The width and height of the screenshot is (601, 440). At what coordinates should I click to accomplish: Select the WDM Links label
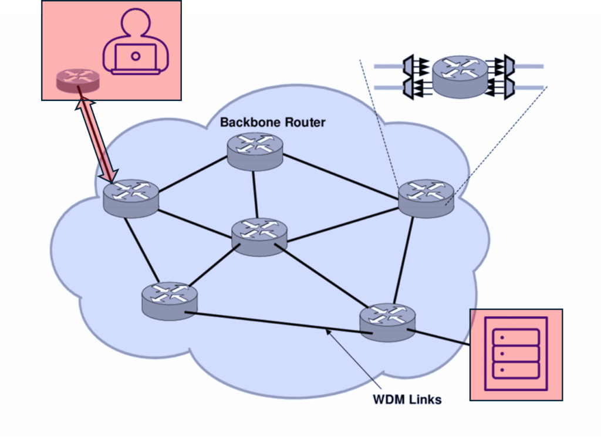pyautogui.click(x=407, y=400)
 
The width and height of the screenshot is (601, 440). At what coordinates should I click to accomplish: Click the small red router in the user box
pyautogui.click(x=78, y=80)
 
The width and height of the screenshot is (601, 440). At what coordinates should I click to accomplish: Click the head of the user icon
pyautogui.click(x=136, y=23)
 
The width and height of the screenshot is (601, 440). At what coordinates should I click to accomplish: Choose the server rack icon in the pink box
pyautogui.click(x=516, y=354)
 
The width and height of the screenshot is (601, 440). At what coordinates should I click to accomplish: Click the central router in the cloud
pyautogui.click(x=259, y=236)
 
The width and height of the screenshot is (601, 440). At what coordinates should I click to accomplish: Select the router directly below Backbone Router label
pyautogui.click(x=255, y=151)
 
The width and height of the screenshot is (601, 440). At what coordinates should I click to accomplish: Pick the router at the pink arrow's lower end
pyautogui.click(x=131, y=198)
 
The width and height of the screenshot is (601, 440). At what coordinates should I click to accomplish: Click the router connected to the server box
pyautogui.click(x=387, y=321)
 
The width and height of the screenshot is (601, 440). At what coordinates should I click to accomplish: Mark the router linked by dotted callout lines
pyautogui.click(x=426, y=197)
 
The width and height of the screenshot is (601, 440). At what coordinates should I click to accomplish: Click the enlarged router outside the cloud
pyautogui.click(x=460, y=76)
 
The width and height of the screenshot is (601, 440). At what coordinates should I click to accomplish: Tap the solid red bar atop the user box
pyautogui.click(x=112, y=8)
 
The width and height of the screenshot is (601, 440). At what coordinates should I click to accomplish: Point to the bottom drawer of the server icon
pyautogui.click(x=516, y=370)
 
